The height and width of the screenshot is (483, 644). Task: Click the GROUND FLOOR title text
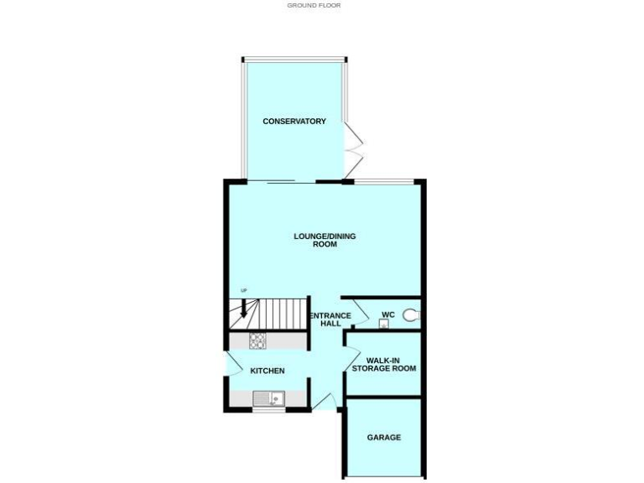pyautogui.click(x=314, y=5)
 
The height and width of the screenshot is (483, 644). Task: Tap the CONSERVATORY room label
pyautogui.click(x=294, y=122)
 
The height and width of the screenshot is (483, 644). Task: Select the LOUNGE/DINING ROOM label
pyautogui.click(x=325, y=241)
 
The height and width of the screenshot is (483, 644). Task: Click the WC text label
pyautogui.click(x=387, y=315)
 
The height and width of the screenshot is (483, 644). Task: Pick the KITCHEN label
pyautogui.click(x=267, y=371)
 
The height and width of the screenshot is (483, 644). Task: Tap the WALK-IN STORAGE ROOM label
pyautogui.click(x=384, y=364)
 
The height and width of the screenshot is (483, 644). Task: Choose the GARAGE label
pyautogui.click(x=384, y=437)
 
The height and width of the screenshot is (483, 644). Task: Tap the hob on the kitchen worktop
pyautogui.click(x=257, y=340)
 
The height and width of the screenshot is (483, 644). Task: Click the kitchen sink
pyautogui.click(x=270, y=400)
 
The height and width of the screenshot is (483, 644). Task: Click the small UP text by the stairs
pyautogui.click(x=244, y=291)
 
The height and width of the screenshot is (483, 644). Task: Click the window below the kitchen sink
pyautogui.click(x=269, y=410)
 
